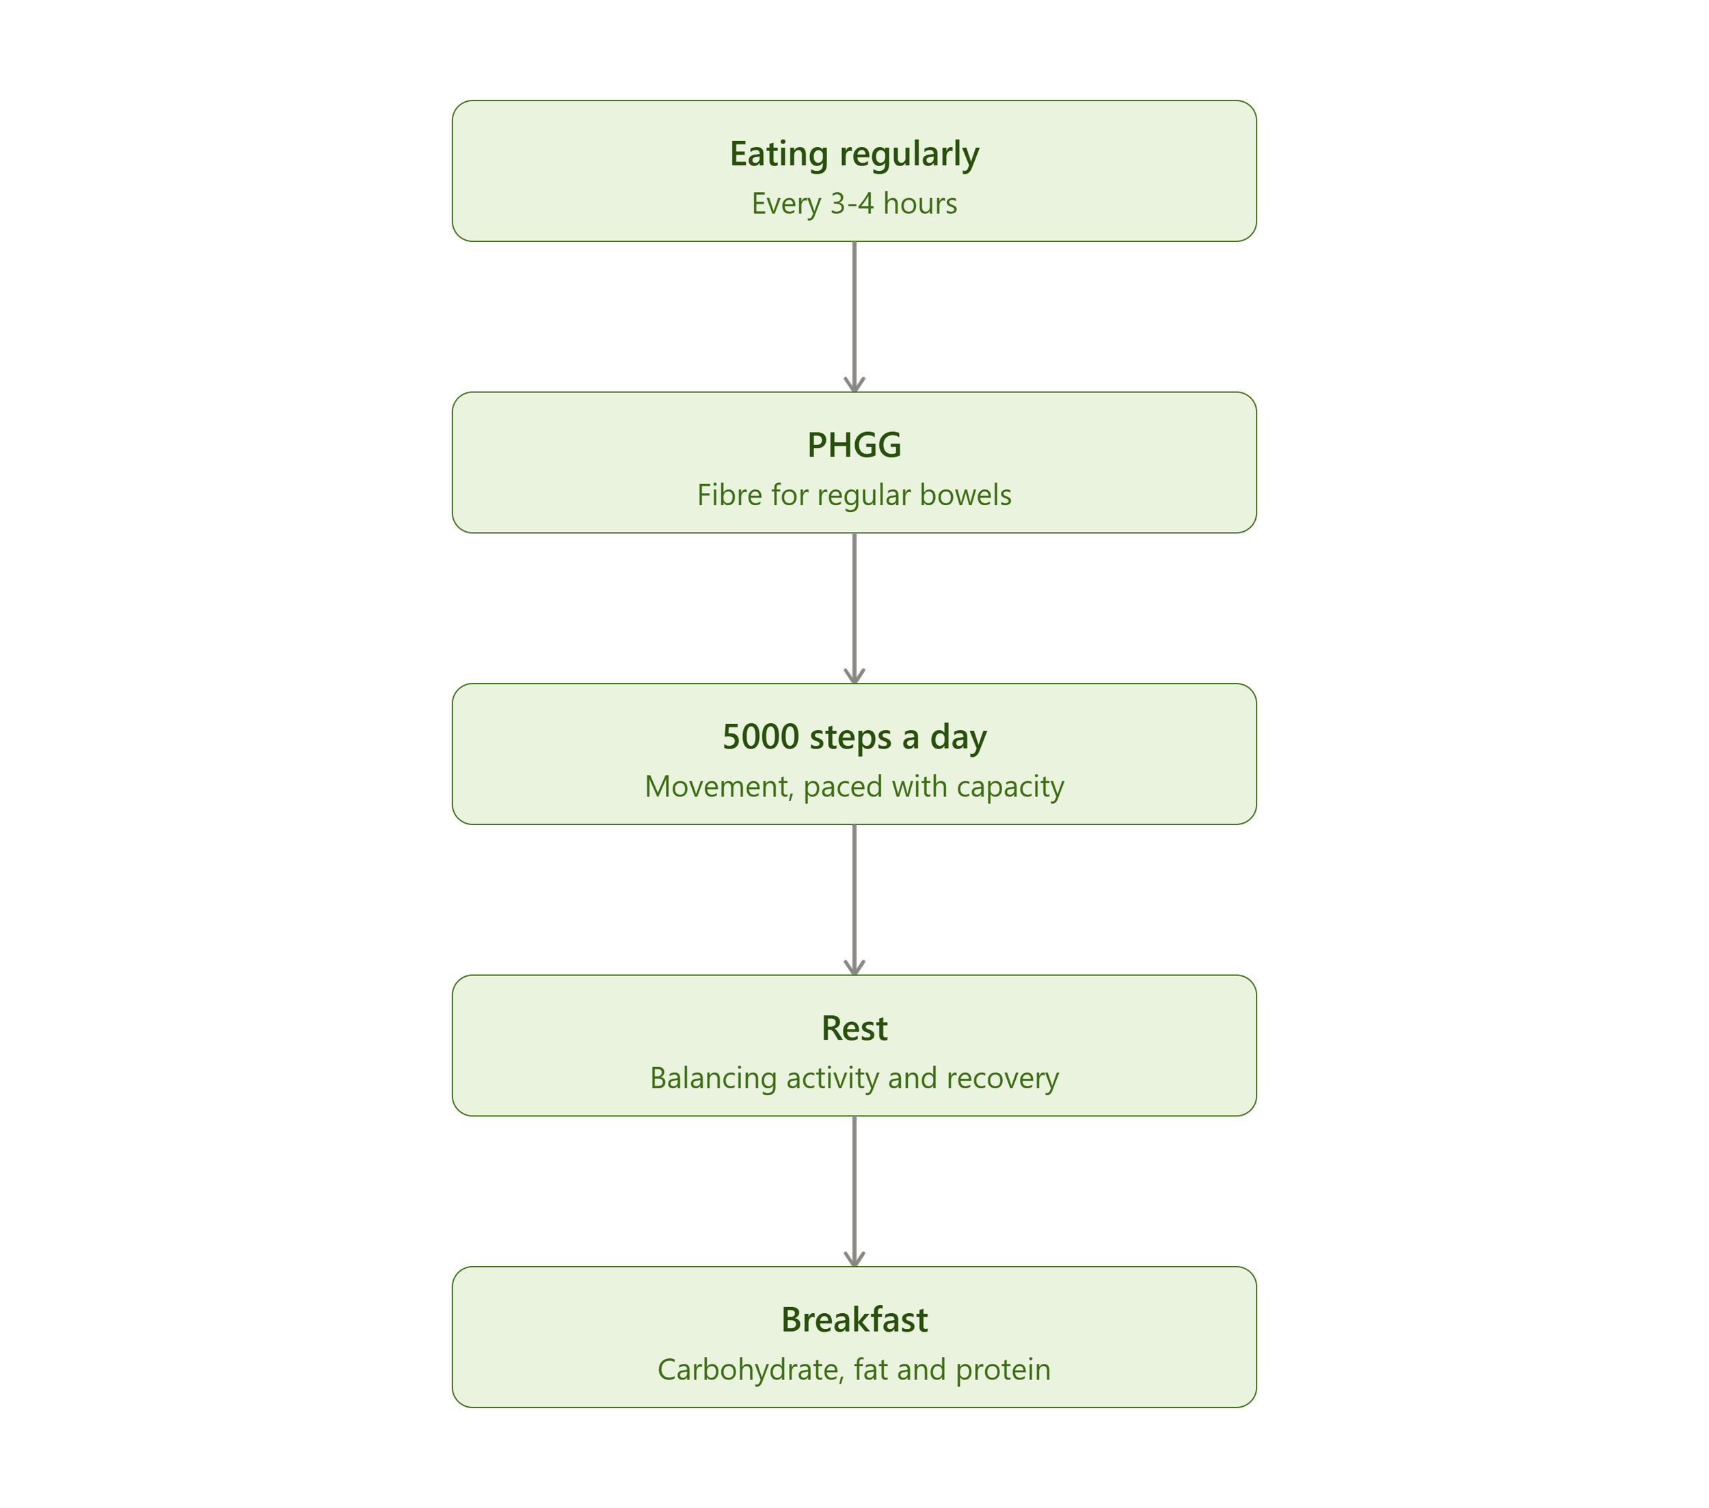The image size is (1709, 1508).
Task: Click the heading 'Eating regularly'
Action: click(854, 154)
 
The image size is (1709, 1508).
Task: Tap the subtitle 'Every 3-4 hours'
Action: click(854, 204)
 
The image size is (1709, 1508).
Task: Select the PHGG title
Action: click(854, 445)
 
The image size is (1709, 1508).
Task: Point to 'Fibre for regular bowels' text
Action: click(854, 495)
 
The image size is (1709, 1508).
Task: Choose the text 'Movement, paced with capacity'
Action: click(854, 787)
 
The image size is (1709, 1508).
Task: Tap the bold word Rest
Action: click(854, 1028)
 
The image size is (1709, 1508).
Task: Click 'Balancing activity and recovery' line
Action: click(854, 1078)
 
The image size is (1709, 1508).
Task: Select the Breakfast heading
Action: click(854, 1320)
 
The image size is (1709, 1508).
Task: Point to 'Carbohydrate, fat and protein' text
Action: click(854, 1370)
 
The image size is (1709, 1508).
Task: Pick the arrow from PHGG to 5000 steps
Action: click(854, 608)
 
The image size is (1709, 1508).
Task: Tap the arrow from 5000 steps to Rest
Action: click(854, 900)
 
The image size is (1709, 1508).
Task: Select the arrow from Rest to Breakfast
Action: click(854, 1192)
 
